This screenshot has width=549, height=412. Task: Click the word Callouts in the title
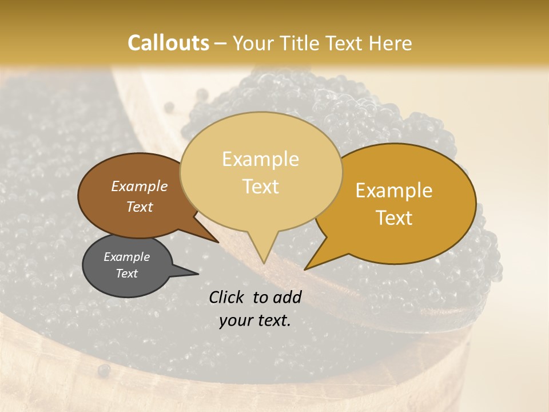click(x=168, y=43)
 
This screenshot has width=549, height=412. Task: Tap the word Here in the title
click(x=389, y=43)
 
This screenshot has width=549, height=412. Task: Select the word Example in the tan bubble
click(x=260, y=159)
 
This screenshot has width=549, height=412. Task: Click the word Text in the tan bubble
click(x=261, y=187)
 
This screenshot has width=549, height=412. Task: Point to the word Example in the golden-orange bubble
click(x=394, y=191)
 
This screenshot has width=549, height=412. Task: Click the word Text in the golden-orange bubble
click(x=395, y=218)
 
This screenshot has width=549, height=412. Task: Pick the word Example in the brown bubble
click(x=139, y=186)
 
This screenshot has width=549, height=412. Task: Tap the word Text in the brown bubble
click(x=140, y=207)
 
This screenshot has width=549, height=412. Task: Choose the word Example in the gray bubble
click(x=126, y=257)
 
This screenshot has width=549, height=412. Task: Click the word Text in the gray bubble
click(x=126, y=274)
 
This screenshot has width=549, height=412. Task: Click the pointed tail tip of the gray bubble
click(x=198, y=274)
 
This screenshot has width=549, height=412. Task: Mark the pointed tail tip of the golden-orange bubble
click(x=305, y=269)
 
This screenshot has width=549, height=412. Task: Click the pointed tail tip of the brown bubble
click(x=218, y=242)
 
